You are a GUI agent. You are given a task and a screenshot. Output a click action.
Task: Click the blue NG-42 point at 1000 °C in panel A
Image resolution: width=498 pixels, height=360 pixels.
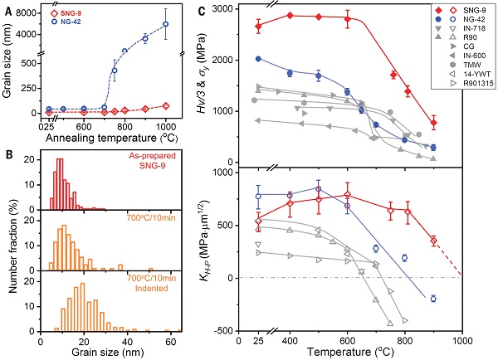pyautogui.click(x=165, y=24)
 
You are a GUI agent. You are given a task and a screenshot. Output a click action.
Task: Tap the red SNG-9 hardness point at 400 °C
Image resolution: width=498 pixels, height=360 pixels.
pyautogui.click(x=290, y=15)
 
